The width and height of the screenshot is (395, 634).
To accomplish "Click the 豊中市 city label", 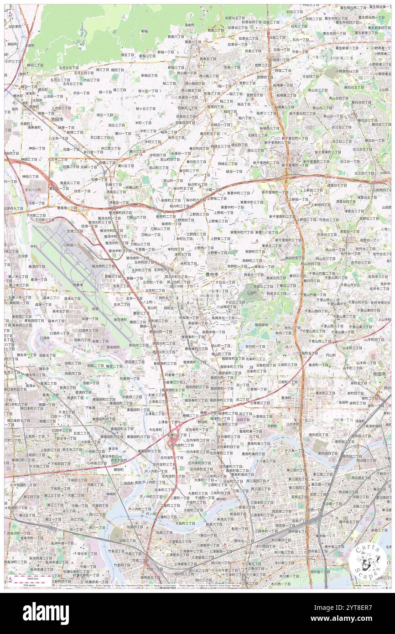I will [212, 274].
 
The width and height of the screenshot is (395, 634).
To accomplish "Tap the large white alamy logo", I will [46, 613].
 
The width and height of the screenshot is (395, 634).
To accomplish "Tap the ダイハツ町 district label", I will [32, 189].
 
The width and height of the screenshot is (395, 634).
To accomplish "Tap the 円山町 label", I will [331, 356].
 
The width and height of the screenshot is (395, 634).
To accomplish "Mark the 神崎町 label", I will [111, 494].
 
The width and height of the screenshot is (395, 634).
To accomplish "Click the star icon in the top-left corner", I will [10, 14].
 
